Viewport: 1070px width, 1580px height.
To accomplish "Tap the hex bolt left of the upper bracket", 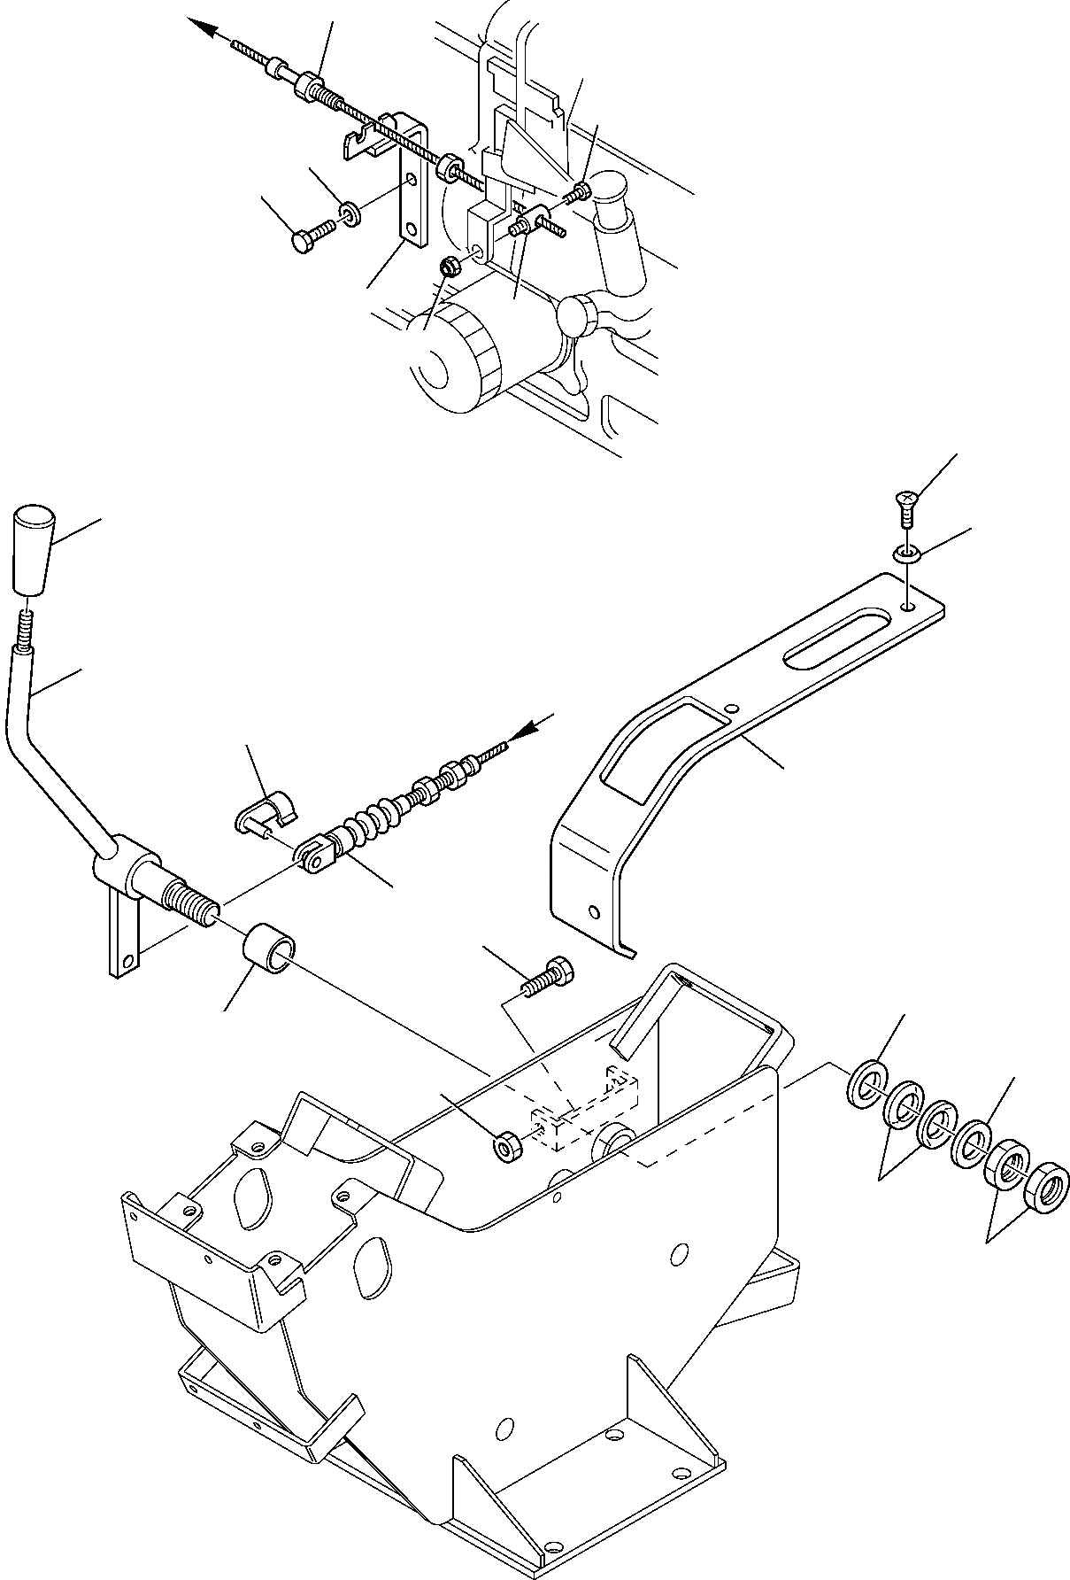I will point(308,236).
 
